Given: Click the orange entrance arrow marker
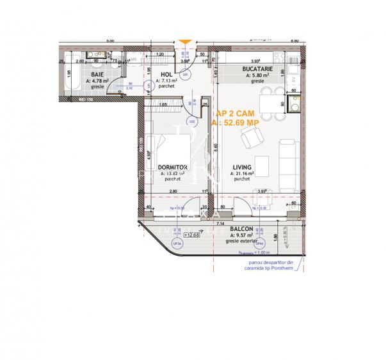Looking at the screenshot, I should tap(184, 43).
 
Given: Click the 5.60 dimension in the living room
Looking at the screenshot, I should tap(216, 146).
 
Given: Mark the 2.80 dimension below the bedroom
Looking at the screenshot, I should tap(173, 191).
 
